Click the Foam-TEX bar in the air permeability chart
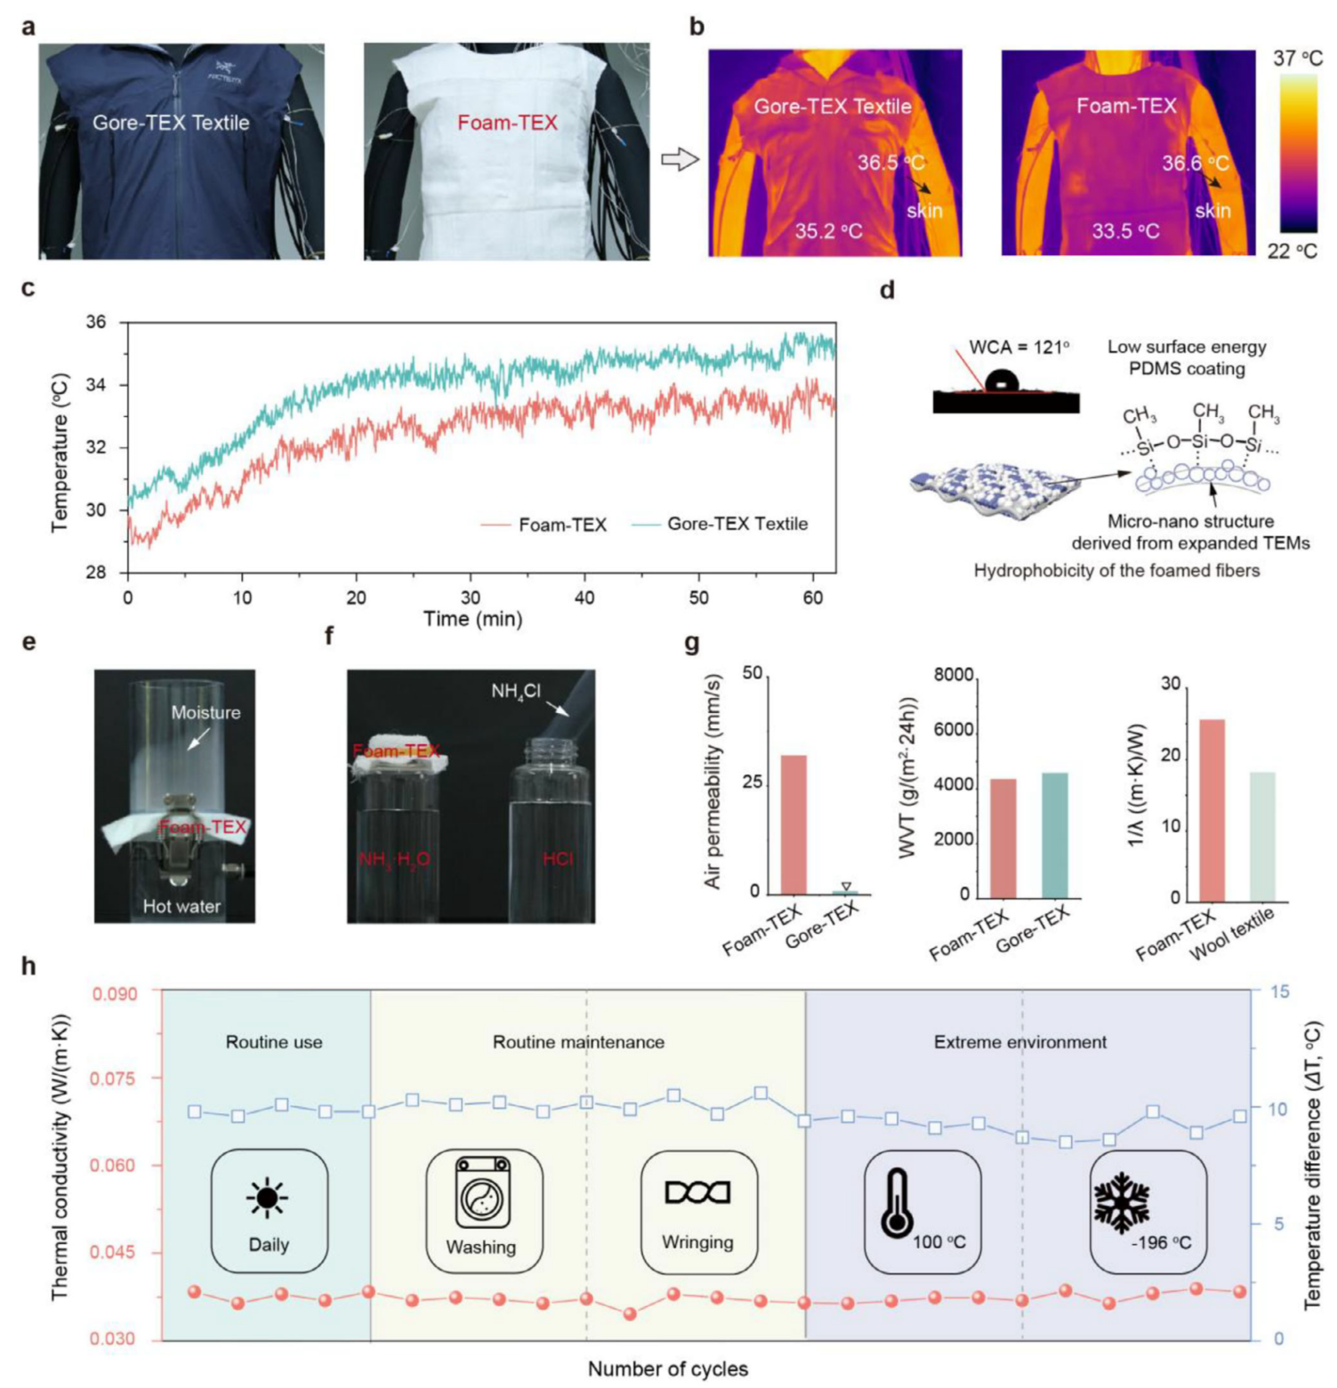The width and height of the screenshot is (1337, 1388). click(793, 824)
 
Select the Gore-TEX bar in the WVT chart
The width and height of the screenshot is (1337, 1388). click(1054, 835)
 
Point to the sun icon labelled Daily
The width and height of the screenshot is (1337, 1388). click(267, 1197)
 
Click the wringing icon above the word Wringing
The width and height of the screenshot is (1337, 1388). click(697, 1192)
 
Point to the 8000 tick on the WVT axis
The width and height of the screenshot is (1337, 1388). click(954, 676)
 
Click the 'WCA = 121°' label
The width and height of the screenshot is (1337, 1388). click(1019, 348)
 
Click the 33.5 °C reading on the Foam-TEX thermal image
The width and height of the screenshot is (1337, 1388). click(1125, 232)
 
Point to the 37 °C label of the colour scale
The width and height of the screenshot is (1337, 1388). click(1298, 59)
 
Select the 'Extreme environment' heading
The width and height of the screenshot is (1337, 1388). click(1019, 1042)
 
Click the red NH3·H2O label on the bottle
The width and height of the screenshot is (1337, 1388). click(394, 860)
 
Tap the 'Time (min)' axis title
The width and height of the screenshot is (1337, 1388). click(472, 619)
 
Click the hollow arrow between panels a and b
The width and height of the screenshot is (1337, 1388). click(680, 159)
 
